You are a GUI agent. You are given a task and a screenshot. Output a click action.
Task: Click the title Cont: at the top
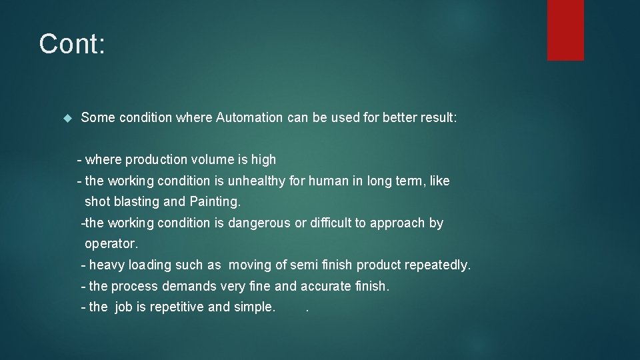72,44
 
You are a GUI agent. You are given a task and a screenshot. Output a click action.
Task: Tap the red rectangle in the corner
565,29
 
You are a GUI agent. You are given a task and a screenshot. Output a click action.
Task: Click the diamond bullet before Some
66,118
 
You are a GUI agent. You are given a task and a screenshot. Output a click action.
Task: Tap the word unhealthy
256,181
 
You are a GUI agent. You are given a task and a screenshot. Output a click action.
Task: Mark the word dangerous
259,223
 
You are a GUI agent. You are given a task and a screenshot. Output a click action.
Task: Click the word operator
111,245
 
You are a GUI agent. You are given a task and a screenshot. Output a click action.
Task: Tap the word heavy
107,265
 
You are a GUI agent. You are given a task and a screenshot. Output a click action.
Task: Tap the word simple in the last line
254,307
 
